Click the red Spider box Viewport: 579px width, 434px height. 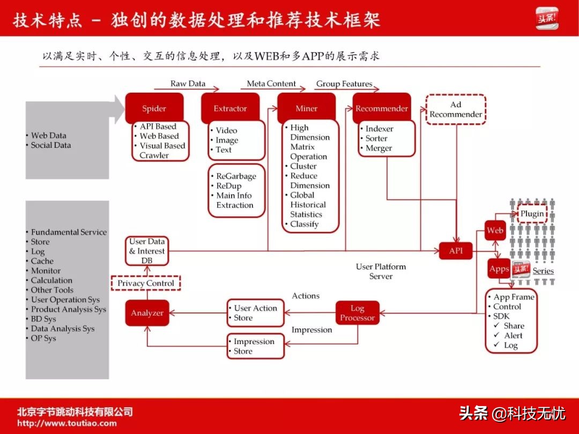coord(154,108)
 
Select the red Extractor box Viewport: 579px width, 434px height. coord(230,108)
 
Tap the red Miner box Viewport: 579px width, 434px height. coord(306,108)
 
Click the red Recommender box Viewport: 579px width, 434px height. coord(382,108)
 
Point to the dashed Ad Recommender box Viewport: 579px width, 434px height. coord(456,109)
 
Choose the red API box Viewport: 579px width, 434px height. coord(456,251)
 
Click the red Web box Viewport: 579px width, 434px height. coord(495,230)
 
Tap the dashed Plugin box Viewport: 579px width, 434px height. coord(532,214)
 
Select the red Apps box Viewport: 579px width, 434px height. coord(499,269)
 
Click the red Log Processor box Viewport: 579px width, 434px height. coord(357,313)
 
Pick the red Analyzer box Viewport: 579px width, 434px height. coord(147,313)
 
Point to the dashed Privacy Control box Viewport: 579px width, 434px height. coord(146,283)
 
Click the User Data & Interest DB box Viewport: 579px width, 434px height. coord(147,251)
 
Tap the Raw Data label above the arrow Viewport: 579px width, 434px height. coord(188,84)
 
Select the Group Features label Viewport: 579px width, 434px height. coord(344,84)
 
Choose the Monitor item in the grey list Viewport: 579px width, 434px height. coord(46,271)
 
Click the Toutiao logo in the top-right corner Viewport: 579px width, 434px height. coord(547,18)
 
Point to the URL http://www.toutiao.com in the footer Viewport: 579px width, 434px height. coord(67,423)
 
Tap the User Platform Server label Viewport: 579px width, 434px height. coord(381,271)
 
